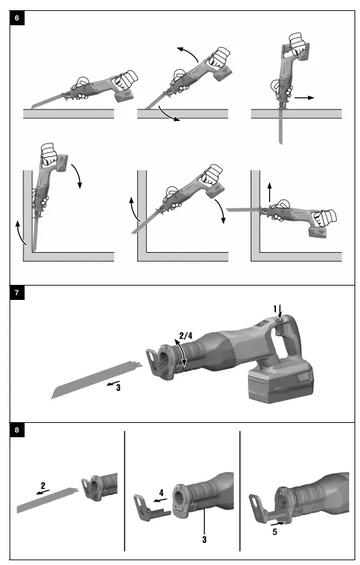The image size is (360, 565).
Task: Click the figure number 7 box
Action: click(x=17, y=294)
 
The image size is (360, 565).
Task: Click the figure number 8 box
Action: click(x=17, y=430)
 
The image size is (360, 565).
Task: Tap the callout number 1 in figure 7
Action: click(x=276, y=309)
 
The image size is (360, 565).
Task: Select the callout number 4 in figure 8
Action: click(x=162, y=493)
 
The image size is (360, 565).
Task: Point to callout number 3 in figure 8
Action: click(x=204, y=540)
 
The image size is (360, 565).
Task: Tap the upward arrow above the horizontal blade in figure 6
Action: click(x=269, y=191)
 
